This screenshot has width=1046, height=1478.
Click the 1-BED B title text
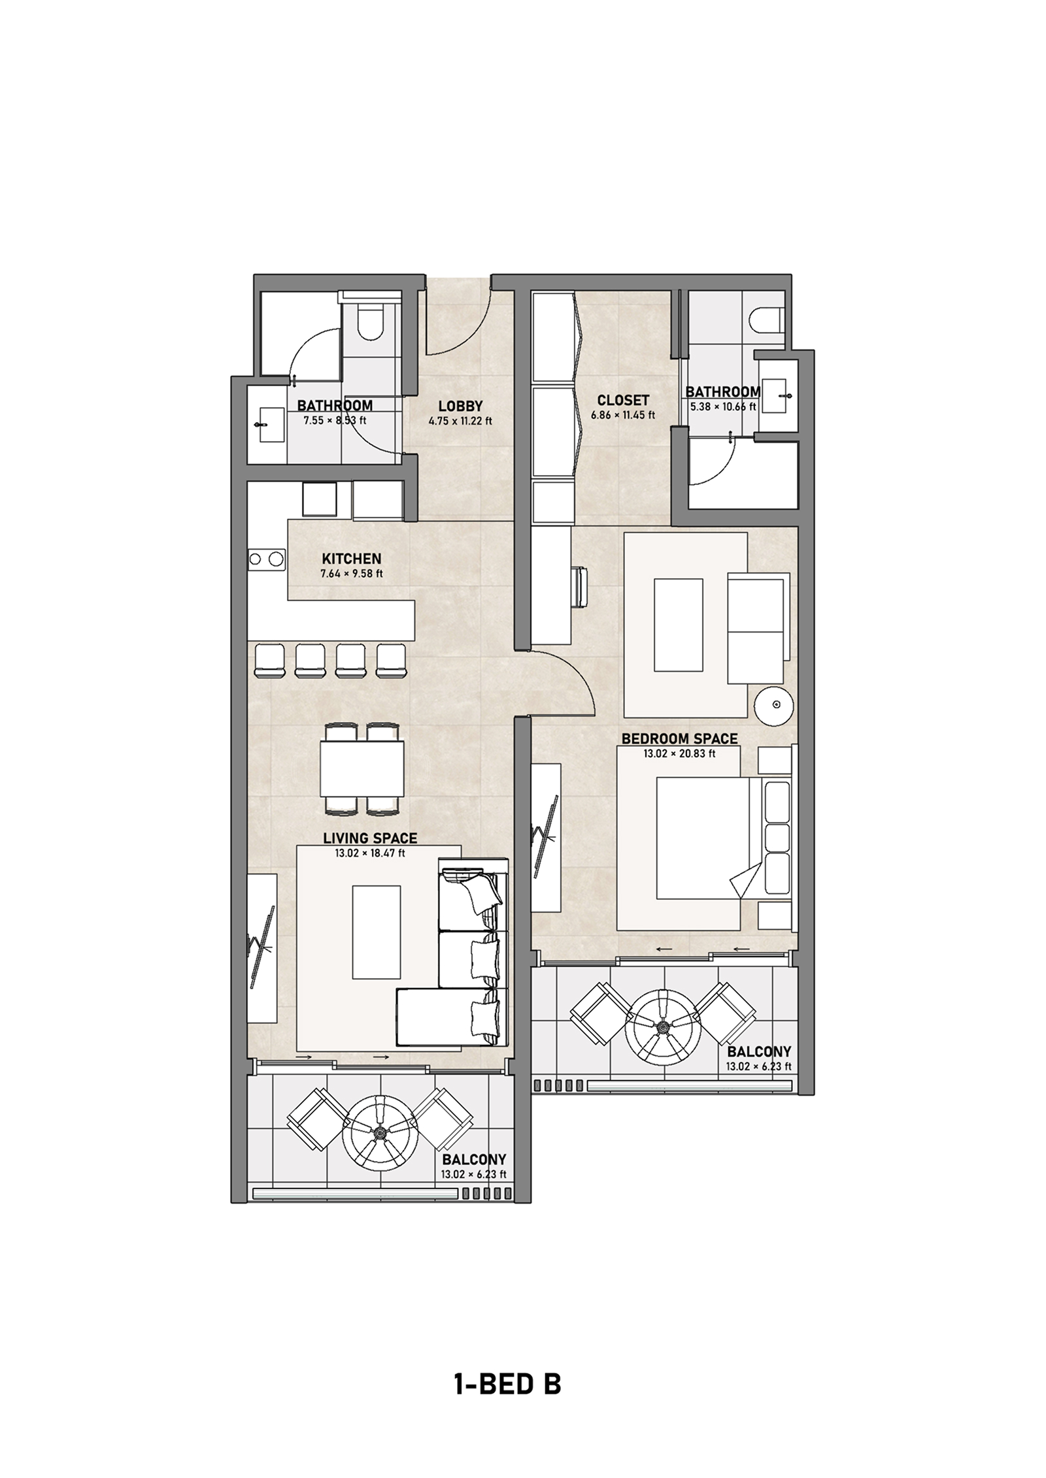point(507,1384)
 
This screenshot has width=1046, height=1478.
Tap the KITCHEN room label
point(351,559)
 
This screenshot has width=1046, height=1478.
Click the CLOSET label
point(623,400)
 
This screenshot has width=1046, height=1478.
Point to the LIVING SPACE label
point(370,838)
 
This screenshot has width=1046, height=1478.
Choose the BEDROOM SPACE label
point(679,739)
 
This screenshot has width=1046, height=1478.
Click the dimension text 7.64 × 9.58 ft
point(351,574)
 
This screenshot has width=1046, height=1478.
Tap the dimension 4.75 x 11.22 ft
point(460,421)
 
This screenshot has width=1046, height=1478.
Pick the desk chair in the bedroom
point(581,587)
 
